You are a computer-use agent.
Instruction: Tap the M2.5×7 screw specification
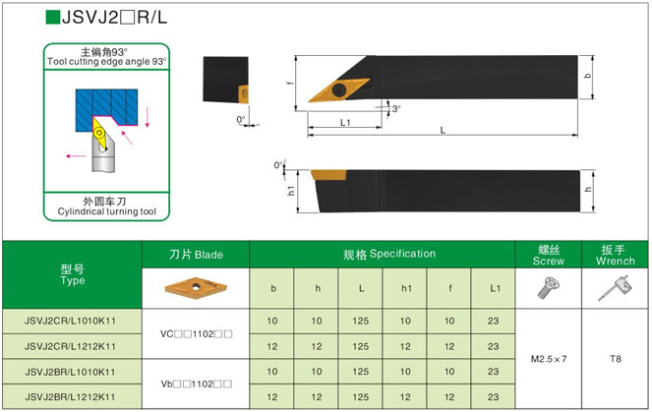pos(549,359)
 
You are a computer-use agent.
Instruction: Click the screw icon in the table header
pos(548,288)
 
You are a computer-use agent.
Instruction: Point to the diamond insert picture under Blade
pos(197,287)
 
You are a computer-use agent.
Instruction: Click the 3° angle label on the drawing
pos(396,108)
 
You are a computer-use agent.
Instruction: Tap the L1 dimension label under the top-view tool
pos(346,123)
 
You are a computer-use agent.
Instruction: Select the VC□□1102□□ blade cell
pos(197,334)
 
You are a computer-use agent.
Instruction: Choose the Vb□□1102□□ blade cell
pos(197,383)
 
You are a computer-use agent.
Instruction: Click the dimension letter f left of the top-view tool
pos(292,84)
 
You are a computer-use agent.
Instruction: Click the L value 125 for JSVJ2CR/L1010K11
pos(361,322)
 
